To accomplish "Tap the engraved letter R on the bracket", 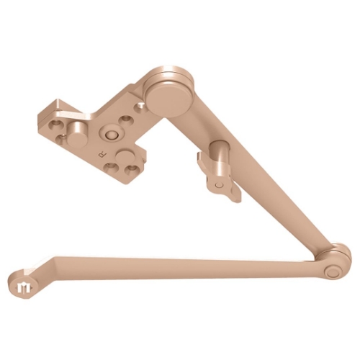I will (102, 154).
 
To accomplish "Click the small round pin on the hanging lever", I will (215, 184).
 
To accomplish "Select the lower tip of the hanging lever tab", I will (230, 195).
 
